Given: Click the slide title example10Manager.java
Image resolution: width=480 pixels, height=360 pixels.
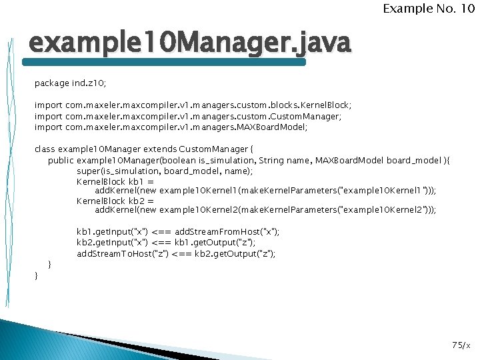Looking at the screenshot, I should (189, 44).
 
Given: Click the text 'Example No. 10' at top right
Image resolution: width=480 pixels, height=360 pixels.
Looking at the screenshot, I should (428, 9).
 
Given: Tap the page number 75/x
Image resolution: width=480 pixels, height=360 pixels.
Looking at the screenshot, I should (461, 345).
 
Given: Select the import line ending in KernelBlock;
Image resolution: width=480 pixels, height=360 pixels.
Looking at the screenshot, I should (193, 105).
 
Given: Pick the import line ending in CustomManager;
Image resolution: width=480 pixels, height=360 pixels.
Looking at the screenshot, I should (187, 116).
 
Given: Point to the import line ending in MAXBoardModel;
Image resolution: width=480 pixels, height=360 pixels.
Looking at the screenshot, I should (171, 127).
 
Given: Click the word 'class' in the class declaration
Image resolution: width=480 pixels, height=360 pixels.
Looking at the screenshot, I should (45, 149).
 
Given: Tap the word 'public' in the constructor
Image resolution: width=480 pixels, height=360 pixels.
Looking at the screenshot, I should (61, 160).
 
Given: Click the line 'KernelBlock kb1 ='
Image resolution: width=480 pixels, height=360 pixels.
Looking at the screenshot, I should (115, 181).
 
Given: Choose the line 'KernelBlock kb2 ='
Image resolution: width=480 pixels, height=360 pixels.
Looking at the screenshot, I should (115, 200).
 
